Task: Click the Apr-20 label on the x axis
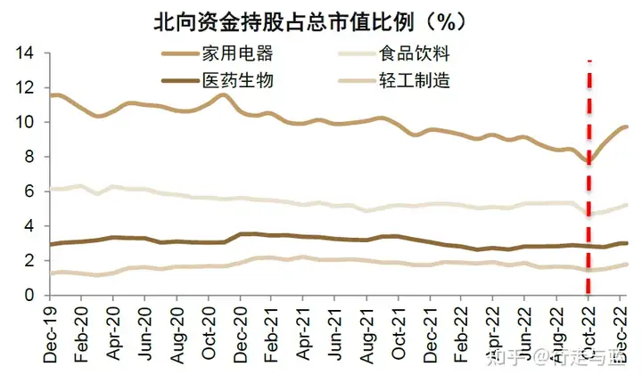click(x=113, y=331)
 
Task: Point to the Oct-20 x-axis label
click(x=210, y=331)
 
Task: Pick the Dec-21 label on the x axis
click(x=431, y=331)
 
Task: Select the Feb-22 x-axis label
click(x=463, y=331)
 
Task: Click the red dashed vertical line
click(x=588, y=178)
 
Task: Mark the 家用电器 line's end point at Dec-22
click(x=627, y=126)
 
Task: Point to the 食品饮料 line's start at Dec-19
click(x=52, y=189)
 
